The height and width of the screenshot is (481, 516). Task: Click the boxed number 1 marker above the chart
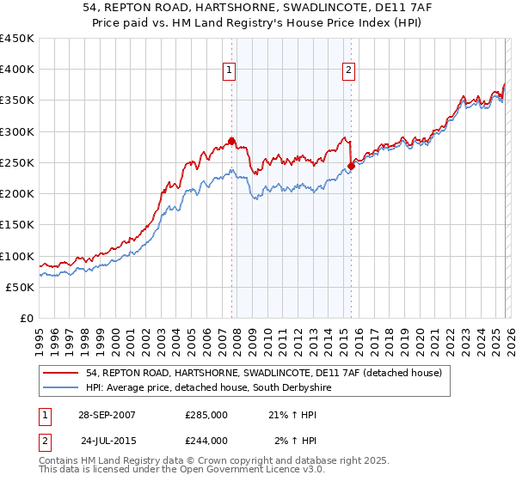pyautogui.click(x=231, y=71)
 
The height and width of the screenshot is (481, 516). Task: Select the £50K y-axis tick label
pyautogui.click(x=21, y=288)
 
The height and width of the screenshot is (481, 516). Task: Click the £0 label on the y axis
pyautogui.click(x=27, y=319)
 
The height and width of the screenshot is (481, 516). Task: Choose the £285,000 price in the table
pyautogui.click(x=206, y=415)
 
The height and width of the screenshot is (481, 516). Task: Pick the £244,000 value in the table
pyautogui.click(x=206, y=441)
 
